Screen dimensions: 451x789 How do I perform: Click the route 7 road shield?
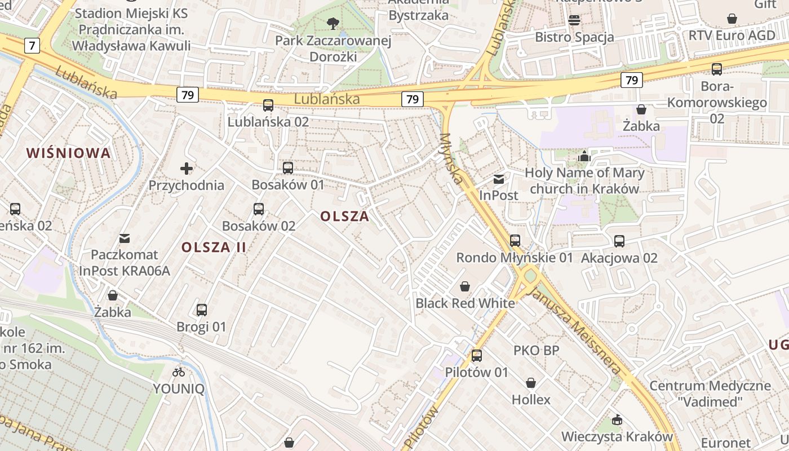(x=32, y=46)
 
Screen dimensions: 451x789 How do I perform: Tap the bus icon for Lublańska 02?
(x=268, y=105)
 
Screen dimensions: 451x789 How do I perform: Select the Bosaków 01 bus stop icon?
(x=288, y=168)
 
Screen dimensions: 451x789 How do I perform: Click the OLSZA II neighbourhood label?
(x=214, y=247)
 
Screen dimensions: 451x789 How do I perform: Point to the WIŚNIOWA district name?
(x=68, y=153)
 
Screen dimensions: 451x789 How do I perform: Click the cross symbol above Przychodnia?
(x=187, y=168)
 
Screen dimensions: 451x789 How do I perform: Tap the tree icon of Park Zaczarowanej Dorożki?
(x=333, y=24)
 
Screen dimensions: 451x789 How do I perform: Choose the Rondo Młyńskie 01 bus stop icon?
(x=515, y=241)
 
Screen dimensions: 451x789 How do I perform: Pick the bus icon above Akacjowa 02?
(x=619, y=241)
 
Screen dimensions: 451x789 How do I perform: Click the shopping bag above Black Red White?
(x=465, y=286)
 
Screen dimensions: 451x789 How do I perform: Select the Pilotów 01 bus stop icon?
(x=477, y=356)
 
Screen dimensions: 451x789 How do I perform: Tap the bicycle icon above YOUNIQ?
(x=179, y=372)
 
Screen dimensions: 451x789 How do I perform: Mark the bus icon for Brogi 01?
(x=201, y=310)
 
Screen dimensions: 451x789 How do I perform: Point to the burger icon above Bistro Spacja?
(x=574, y=20)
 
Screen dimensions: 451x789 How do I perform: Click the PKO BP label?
(x=536, y=351)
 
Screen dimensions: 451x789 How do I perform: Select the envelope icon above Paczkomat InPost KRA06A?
(x=125, y=238)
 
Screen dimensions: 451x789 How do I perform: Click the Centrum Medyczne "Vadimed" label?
(x=710, y=393)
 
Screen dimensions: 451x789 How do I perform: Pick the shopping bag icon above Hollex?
(x=531, y=383)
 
